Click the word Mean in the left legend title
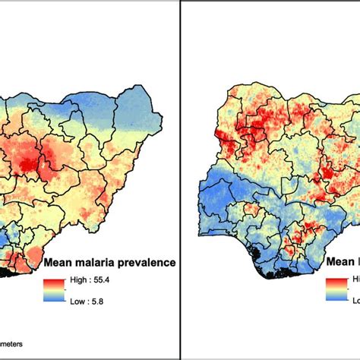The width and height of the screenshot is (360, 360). (x=61, y=264)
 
